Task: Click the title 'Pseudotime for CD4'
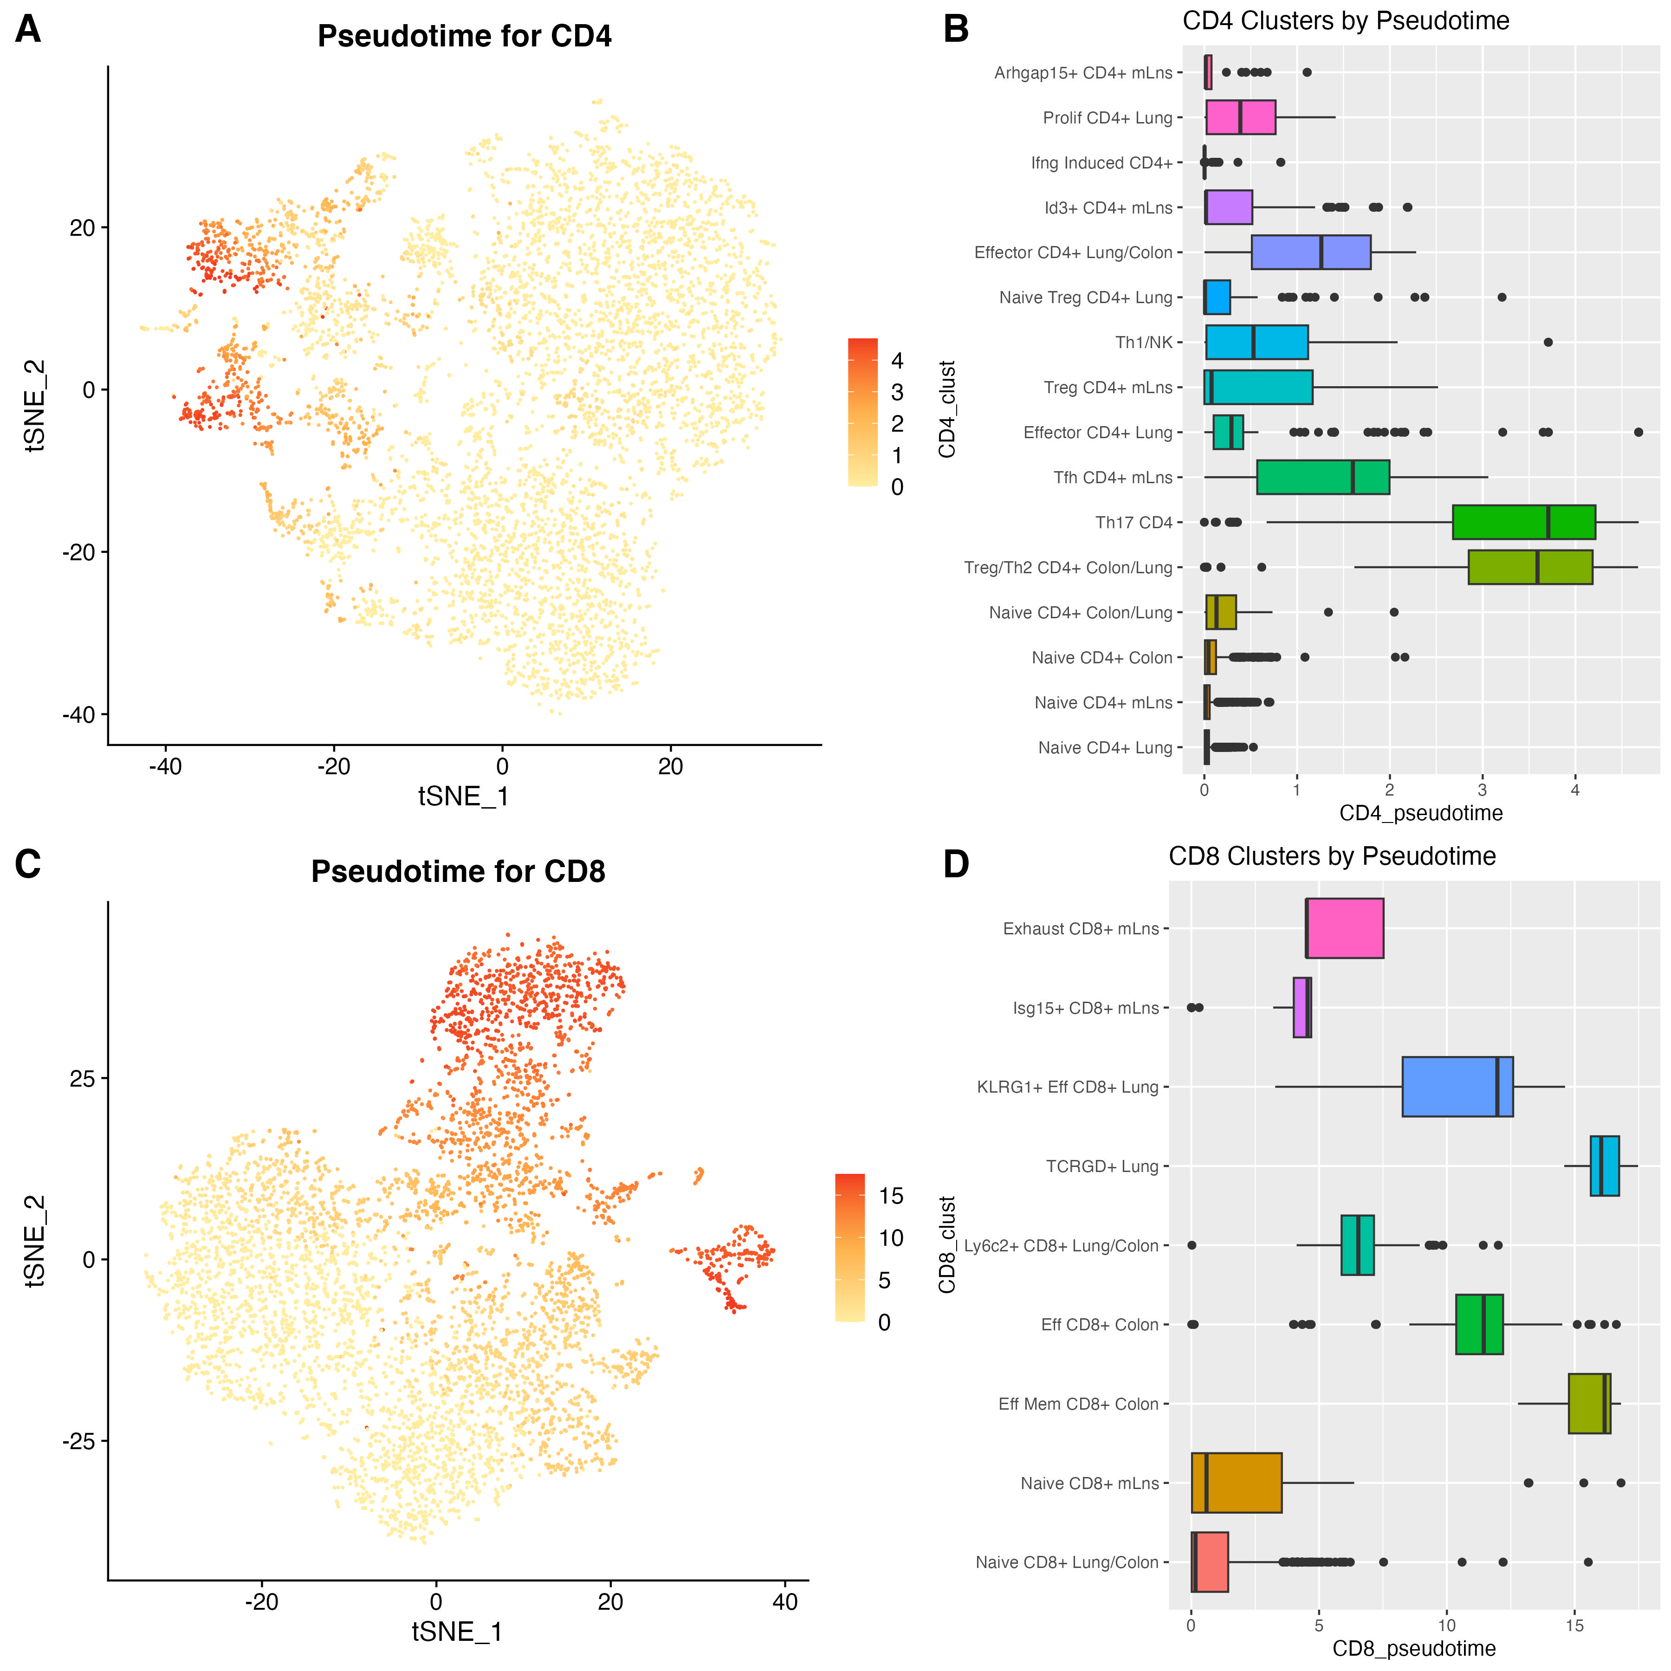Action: coord(465,36)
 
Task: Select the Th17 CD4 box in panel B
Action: coord(1523,522)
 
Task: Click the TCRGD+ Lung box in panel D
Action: coord(1605,1166)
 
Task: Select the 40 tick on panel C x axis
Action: coord(784,1603)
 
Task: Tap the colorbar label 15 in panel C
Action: coord(891,1196)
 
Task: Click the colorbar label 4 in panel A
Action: coord(897,361)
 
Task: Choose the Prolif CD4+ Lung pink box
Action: coord(1240,117)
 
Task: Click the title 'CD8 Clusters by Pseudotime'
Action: coord(1332,856)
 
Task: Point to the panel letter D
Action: coord(956,865)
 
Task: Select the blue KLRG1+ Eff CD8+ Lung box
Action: coord(1457,1087)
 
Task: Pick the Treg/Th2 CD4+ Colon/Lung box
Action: coord(1530,567)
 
